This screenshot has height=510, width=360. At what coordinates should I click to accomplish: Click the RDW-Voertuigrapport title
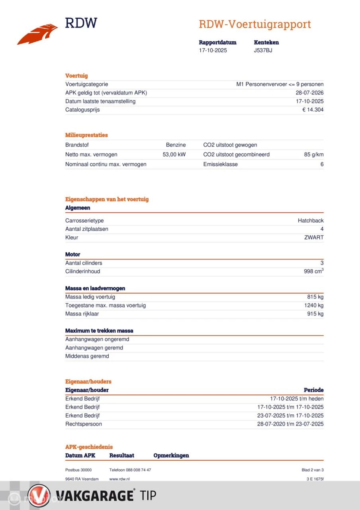pos(254,24)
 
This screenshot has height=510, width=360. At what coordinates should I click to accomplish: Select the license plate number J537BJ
pos(263,51)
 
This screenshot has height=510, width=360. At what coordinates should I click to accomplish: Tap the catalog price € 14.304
pos(313,110)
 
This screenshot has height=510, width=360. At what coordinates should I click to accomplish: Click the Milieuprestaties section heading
pos(86,135)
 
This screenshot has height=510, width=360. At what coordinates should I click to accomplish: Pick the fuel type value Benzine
pos(176,145)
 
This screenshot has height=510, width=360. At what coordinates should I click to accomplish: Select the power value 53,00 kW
pos(174,155)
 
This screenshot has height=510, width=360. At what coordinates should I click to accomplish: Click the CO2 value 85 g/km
pos(313,155)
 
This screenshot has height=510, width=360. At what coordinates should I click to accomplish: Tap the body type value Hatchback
pos(311,221)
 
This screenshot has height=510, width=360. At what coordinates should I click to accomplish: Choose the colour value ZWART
pos(314,237)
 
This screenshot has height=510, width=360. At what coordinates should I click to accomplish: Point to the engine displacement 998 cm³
pos(313,271)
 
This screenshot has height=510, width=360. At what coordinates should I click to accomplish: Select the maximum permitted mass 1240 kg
pos(313,305)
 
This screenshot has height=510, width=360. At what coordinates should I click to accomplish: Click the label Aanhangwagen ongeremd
pos(97,339)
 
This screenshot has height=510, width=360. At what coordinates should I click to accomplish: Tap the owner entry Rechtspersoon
pos(84,424)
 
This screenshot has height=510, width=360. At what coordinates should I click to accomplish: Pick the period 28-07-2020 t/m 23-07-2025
pos(290,424)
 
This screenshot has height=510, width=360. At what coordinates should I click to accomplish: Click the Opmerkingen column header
pos(171,455)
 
